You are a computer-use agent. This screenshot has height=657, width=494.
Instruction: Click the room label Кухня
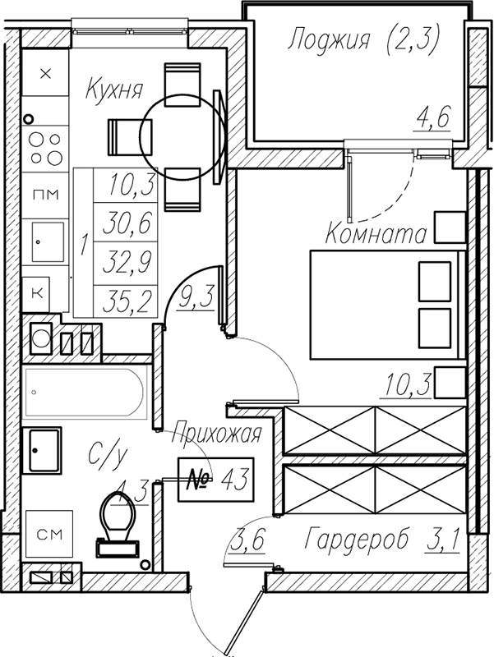(114, 90)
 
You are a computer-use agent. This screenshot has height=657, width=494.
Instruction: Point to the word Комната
(376, 234)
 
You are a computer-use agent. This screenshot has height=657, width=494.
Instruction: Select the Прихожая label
(217, 434)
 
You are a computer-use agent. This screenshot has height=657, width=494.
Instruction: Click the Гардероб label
(357, 540)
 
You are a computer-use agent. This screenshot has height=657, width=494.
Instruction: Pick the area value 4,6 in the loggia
(433, 117)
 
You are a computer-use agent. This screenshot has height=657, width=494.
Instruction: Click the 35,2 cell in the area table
(126, 301)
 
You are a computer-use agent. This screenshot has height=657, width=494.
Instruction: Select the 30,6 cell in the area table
(126, 222)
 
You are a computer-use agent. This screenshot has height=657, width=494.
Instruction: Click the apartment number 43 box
(216, 480)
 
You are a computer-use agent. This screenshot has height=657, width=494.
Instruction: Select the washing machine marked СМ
(49, 533)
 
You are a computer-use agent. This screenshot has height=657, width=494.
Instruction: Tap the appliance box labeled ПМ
(45, 195)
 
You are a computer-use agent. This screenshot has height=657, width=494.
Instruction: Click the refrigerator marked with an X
(45, 73)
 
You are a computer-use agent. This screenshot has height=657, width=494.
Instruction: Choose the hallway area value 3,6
(248, 540)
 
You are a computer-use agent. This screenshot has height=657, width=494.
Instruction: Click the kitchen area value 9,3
(195, 296)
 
